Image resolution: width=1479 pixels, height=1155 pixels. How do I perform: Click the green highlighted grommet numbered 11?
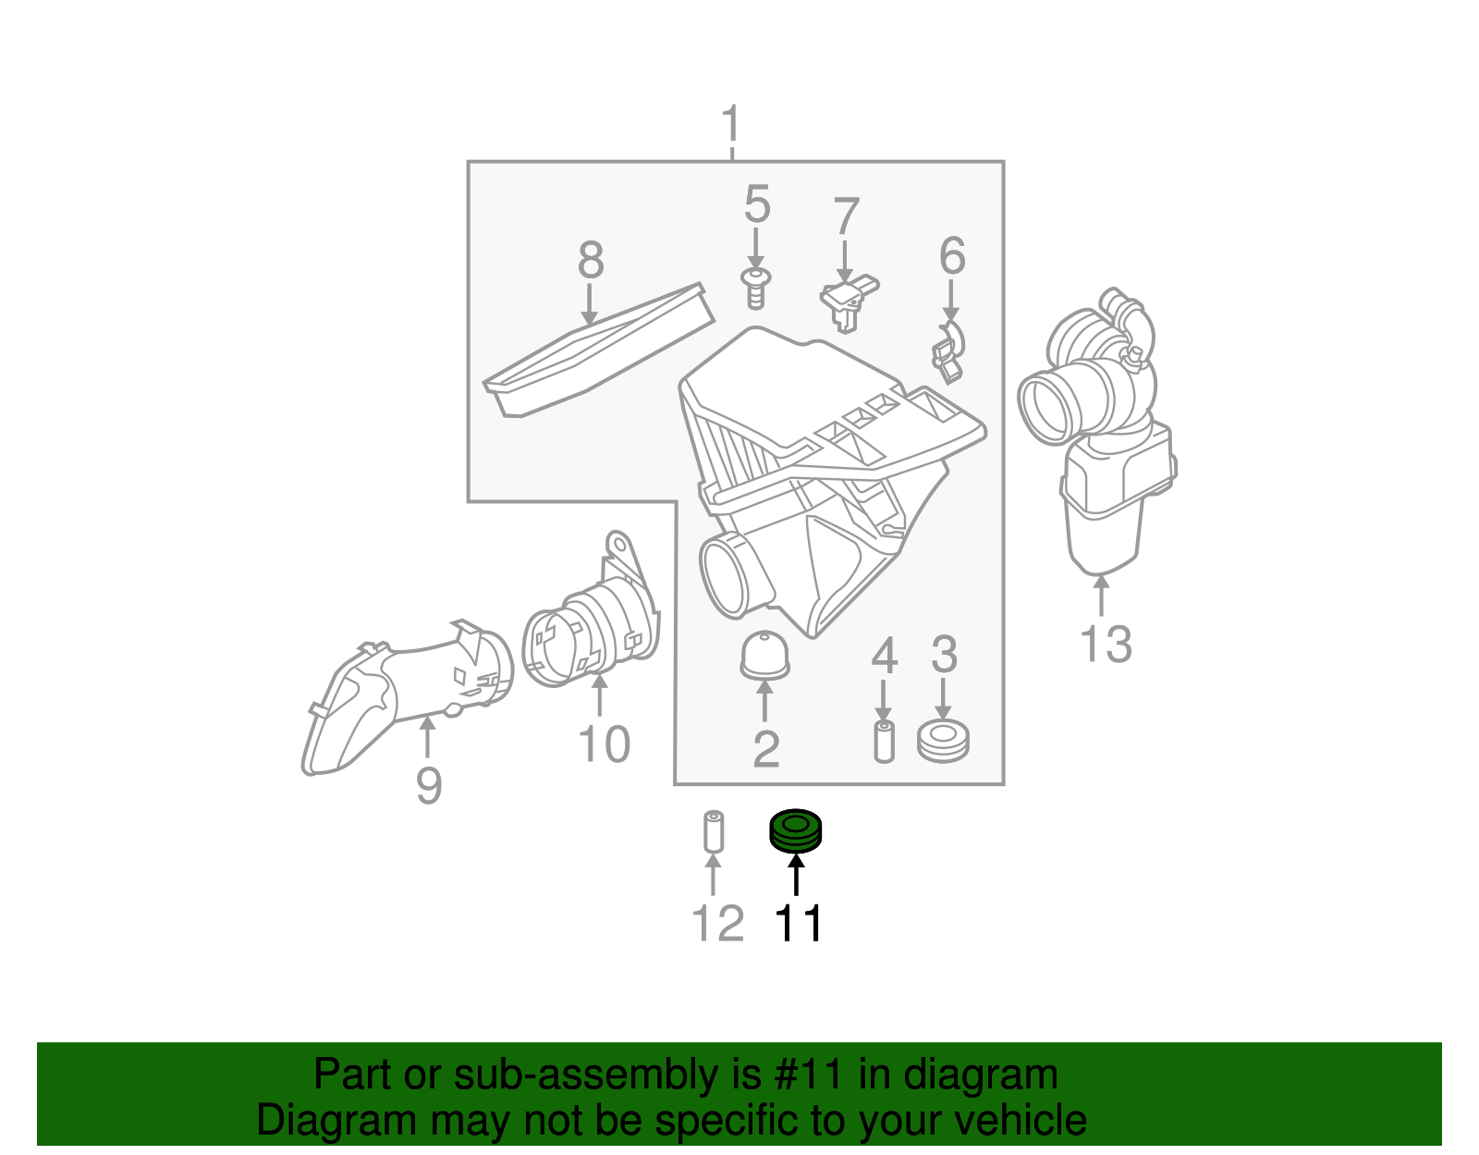(x=796, y=829)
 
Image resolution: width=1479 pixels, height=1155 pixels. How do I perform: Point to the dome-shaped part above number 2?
(x=764, y=655)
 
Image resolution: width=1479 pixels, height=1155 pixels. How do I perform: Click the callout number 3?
(x=943, y=655)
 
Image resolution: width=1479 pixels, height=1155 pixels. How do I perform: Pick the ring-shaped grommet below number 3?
(x=943, y=742)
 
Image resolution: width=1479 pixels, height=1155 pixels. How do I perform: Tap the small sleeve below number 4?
(x=884, y=742)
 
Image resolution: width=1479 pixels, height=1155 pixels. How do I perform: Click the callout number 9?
(x=428, y=786)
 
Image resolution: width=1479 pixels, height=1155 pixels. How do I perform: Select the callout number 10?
(x=604, y=743)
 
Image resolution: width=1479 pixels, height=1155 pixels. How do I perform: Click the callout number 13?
(x=1106, y=644)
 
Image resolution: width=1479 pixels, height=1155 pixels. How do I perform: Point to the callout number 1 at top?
(x=731, y=124)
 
